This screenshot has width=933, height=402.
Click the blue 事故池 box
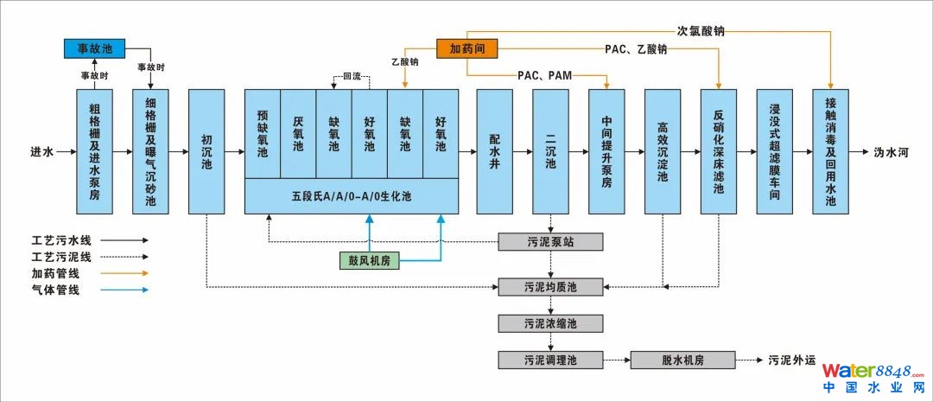pyautogui.click(x=95, y=48)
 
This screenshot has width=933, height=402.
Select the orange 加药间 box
pyautogui.click(x=467, y=48)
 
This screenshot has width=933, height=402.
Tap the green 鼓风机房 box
pyautogui.click(x=369, y=259)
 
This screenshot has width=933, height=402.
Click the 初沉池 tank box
pyautogui.click(x=206, y=150)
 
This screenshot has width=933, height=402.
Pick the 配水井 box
pyautogui.click(x=495, y=150)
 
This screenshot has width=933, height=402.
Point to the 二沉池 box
pyautogui.click(x=550, y=150)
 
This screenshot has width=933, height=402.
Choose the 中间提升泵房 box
pyautogui.click(x=606, y=150)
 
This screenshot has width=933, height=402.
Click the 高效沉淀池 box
pyautogui.click(x=663, y=150)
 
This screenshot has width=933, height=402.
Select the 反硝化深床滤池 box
pyautogui.click(x=719, y=150)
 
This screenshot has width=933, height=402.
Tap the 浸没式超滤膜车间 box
pyautogui.click(x=775, y=150)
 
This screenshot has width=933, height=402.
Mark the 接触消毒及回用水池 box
pyautogui.click(x=830, y=150)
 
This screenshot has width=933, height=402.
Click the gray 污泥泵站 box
pyautogui.click(x=550, y=241)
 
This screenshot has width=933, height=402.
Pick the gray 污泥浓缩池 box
pyautogui.click(x=550, y=323)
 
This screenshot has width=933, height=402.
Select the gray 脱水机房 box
pyautogui.click(x=683, y=360)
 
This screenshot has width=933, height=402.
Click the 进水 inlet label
pyautogui.click(x=42, y=151)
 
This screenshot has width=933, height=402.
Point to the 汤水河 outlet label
pyautogui.click(x=890, y=151)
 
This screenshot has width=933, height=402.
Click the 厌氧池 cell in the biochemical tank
pyautogui.click(x=298, y=133)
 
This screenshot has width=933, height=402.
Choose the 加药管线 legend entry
pyautogui.click(x=55, y=273)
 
